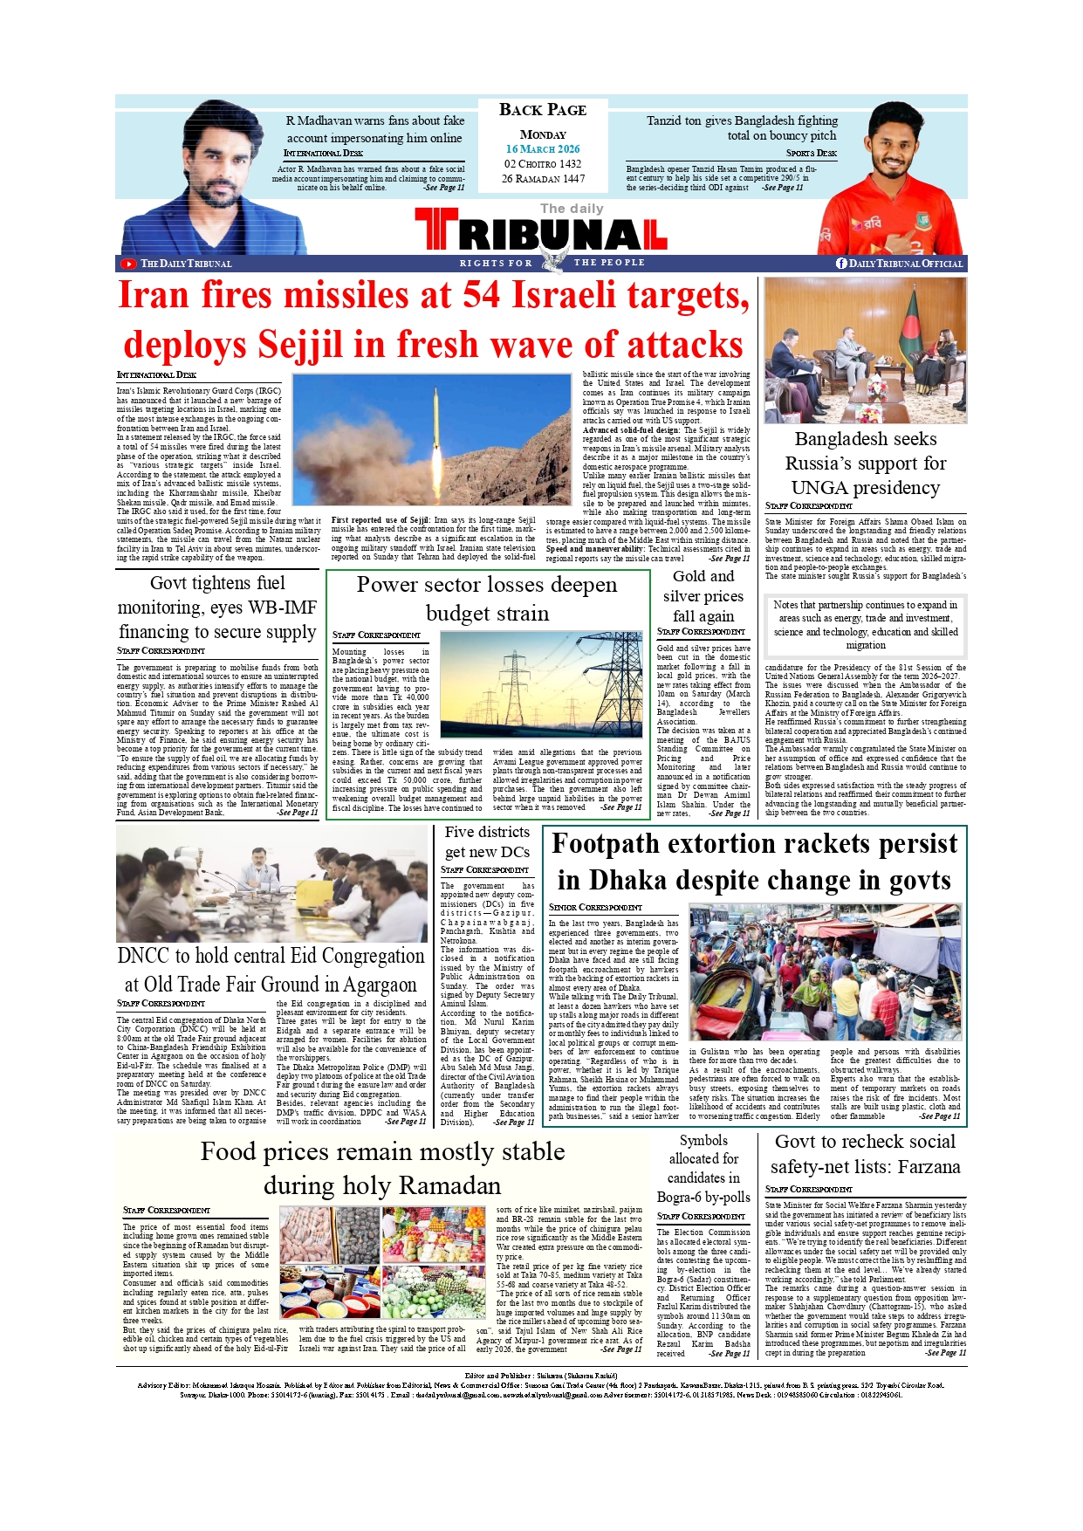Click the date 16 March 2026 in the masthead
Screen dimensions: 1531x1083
point(542,149)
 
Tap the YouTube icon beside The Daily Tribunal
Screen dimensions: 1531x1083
point(128,264)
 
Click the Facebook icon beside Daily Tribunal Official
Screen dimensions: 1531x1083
point(841,264)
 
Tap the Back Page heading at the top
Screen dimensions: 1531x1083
point(542,110)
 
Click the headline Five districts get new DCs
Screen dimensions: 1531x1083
point(487,841)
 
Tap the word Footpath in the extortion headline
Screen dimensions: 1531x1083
point(612,844)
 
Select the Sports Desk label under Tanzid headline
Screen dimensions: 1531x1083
point(811,154)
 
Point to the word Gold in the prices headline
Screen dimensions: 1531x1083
point(689,576)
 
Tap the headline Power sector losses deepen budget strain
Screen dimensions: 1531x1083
point(487,598)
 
